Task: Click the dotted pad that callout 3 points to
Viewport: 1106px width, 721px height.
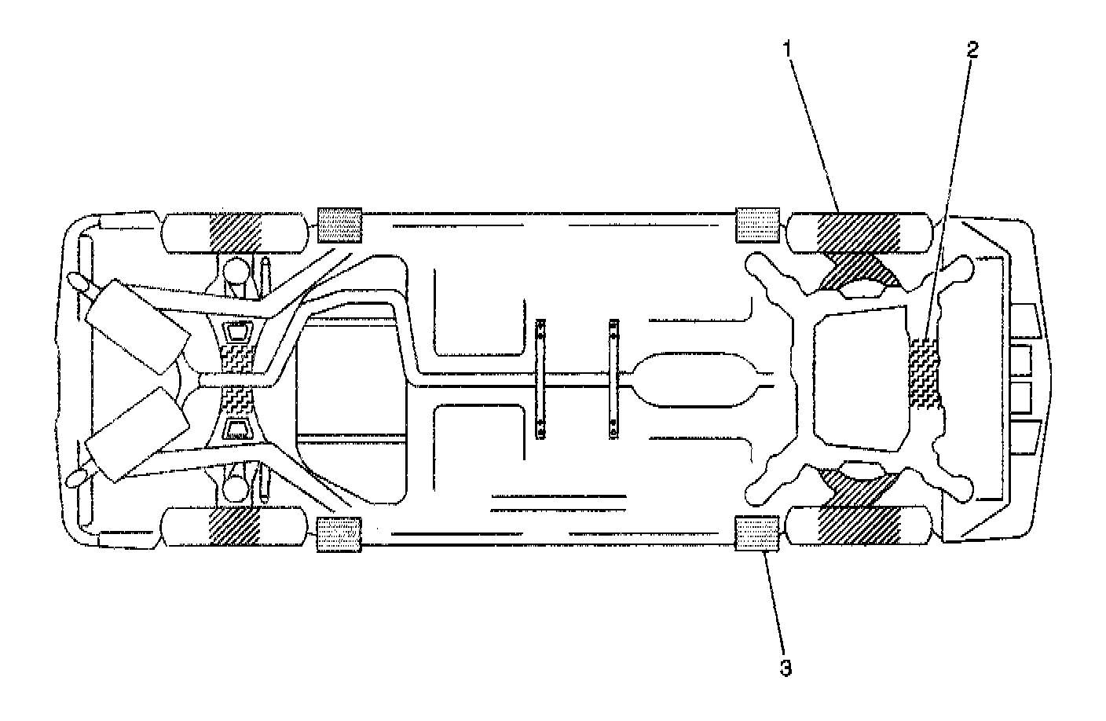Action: tap(756, 534)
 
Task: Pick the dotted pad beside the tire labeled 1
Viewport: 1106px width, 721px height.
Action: tap(756, 225)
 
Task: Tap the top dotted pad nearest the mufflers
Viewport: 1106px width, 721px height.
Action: tap(339, 225)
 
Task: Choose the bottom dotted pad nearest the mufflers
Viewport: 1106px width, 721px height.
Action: tap(339, 534)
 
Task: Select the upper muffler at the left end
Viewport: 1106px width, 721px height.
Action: tap(137, 324)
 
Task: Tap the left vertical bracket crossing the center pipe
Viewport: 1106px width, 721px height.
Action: tap(540, 379)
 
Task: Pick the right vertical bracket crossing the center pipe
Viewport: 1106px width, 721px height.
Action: tap(613, 379)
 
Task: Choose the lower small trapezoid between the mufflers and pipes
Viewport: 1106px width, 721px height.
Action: tap(236, 427)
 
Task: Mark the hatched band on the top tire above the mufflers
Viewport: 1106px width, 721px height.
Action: tap(234, 232)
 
